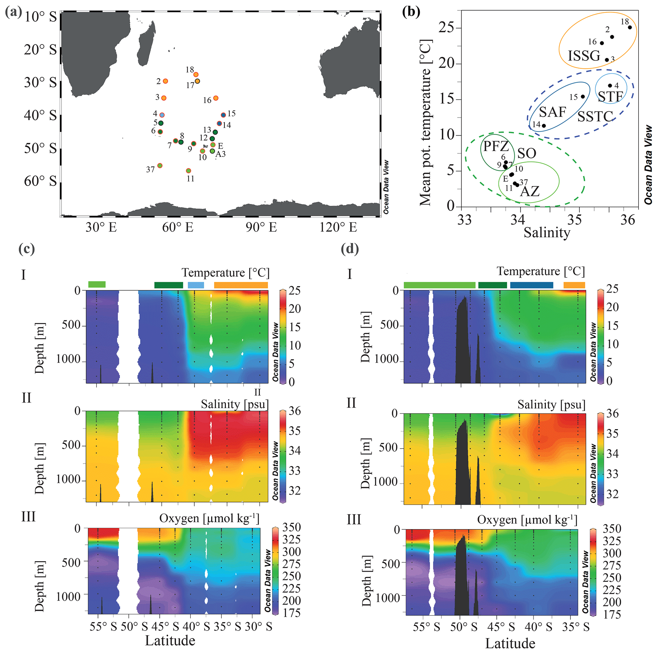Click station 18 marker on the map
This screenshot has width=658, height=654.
click(x=196, y=74)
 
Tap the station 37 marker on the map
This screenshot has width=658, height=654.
click(x=160, y=166)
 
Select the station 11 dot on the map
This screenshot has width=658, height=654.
click(x=188, y=171)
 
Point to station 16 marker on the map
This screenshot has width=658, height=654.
click(x=216, y=98)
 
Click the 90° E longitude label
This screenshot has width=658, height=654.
click(x=261, y=227)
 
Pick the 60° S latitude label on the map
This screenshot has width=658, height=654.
click(x=40, y=181)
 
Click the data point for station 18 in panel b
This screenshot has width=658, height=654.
click(x=630, y=28)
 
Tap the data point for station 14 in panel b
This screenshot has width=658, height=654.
click(x=544, y=126)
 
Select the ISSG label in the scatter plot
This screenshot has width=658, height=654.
click(x=584, y=56)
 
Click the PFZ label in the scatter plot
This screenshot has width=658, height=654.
click(x=496, y=146)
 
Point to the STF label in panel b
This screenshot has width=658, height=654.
click(x=610, y=97)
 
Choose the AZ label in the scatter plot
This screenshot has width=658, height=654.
click(x=530, y=191)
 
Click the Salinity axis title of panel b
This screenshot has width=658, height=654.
click(x=547, y=233)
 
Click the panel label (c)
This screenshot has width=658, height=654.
click(x=26, y=249)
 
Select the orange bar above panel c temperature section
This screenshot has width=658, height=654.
click(x=241, y=285)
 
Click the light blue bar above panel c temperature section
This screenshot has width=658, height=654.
click(x=196, y=285)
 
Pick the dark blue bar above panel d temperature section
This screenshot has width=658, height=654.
click(x=531, y=285)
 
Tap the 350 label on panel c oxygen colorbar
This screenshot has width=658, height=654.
click(x=292, y=527)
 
